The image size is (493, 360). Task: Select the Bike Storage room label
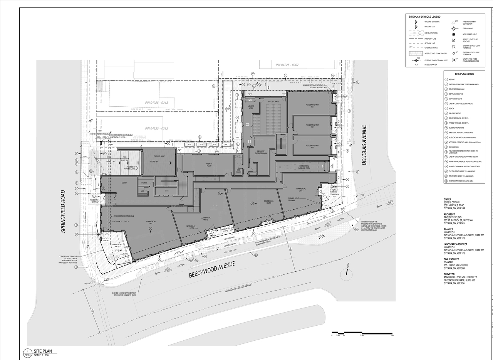tap(273, 102)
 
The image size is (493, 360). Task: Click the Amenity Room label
tap(209, 165)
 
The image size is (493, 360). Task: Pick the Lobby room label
tap(124, 183)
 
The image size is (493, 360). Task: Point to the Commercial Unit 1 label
tap(151, 222)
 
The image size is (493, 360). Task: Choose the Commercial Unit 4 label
tap(301, 190)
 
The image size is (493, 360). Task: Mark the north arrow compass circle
tap(347, 274)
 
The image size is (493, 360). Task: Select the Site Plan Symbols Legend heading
tap(424, 17)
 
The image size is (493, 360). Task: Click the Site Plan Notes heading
tap(464, 74)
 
